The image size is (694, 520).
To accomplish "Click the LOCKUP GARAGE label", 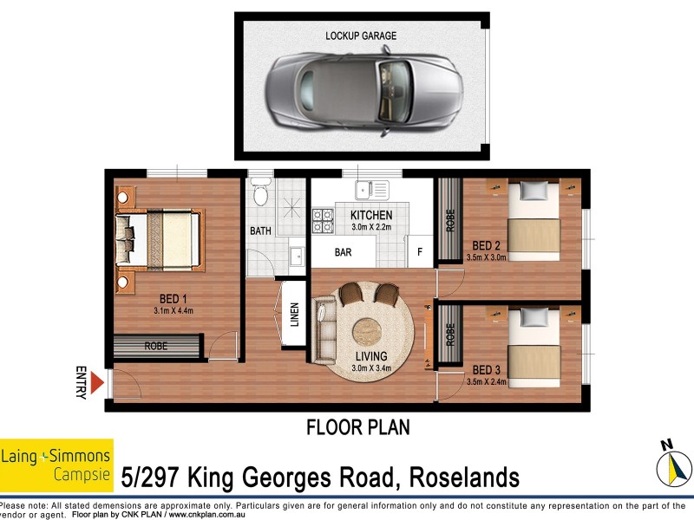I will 361,36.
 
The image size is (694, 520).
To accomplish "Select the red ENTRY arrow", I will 98,382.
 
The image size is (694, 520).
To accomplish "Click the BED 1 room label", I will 175,300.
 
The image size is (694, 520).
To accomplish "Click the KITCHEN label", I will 371,215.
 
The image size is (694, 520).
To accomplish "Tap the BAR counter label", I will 344,253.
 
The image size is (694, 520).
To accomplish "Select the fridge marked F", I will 420,252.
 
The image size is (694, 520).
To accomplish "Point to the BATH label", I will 260,231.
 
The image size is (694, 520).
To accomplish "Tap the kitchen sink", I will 371,187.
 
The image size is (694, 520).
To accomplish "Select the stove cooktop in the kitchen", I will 323,221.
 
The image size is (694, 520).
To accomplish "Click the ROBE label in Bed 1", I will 155,346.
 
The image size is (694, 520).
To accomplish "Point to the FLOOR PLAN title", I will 358,427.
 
